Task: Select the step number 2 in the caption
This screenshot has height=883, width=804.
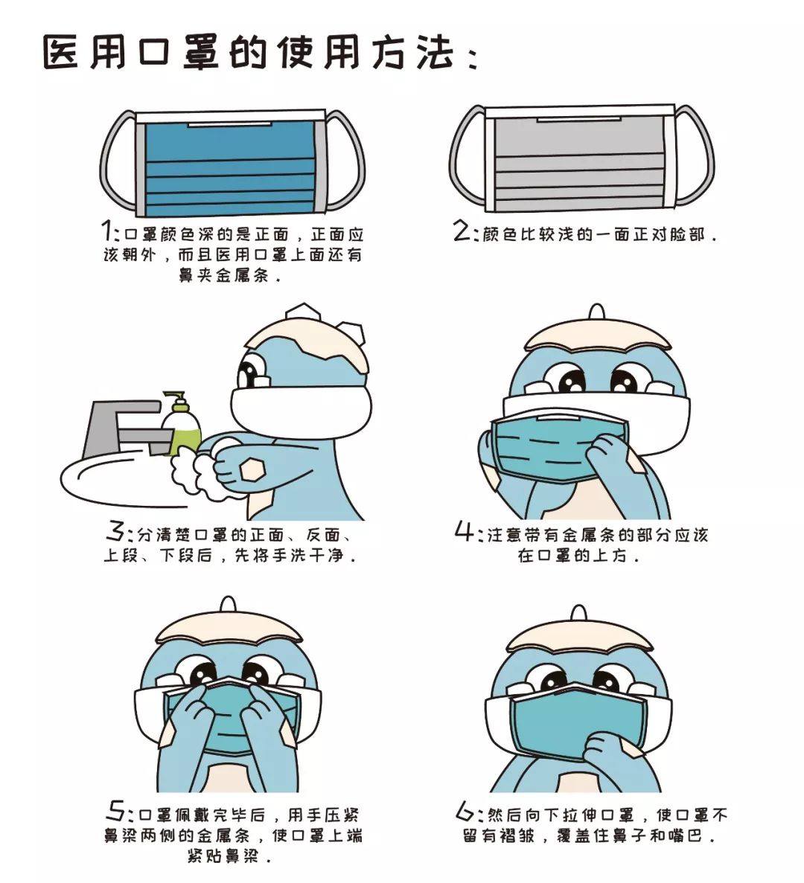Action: (x=462, y=231)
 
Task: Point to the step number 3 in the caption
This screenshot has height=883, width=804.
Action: (x=116, y=533)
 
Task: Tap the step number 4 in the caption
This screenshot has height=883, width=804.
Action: (x=465, y=532)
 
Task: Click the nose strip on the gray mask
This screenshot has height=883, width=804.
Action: (x=579, y=119)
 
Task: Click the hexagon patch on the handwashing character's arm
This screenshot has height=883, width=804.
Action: (x=252, y=469)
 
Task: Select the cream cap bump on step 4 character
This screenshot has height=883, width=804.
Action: (x=596, y=312)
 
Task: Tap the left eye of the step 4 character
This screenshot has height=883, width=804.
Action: (x=571, y=382)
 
